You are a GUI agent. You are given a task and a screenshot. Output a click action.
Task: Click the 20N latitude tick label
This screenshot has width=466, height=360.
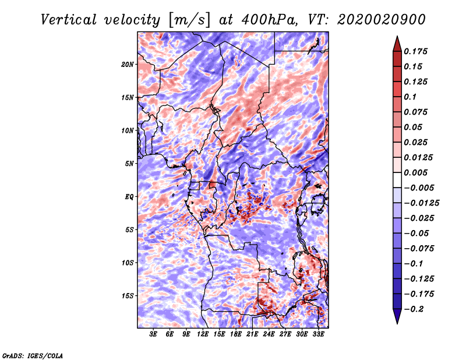128,64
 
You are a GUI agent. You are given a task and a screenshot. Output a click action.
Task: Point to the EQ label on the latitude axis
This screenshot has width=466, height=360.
129,196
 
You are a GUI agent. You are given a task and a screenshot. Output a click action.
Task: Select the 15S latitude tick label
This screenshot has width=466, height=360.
128,295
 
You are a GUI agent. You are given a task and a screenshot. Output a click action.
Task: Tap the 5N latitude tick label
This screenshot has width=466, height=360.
129,163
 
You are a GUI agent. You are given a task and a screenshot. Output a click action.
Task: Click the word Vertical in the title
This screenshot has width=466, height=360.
68,20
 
